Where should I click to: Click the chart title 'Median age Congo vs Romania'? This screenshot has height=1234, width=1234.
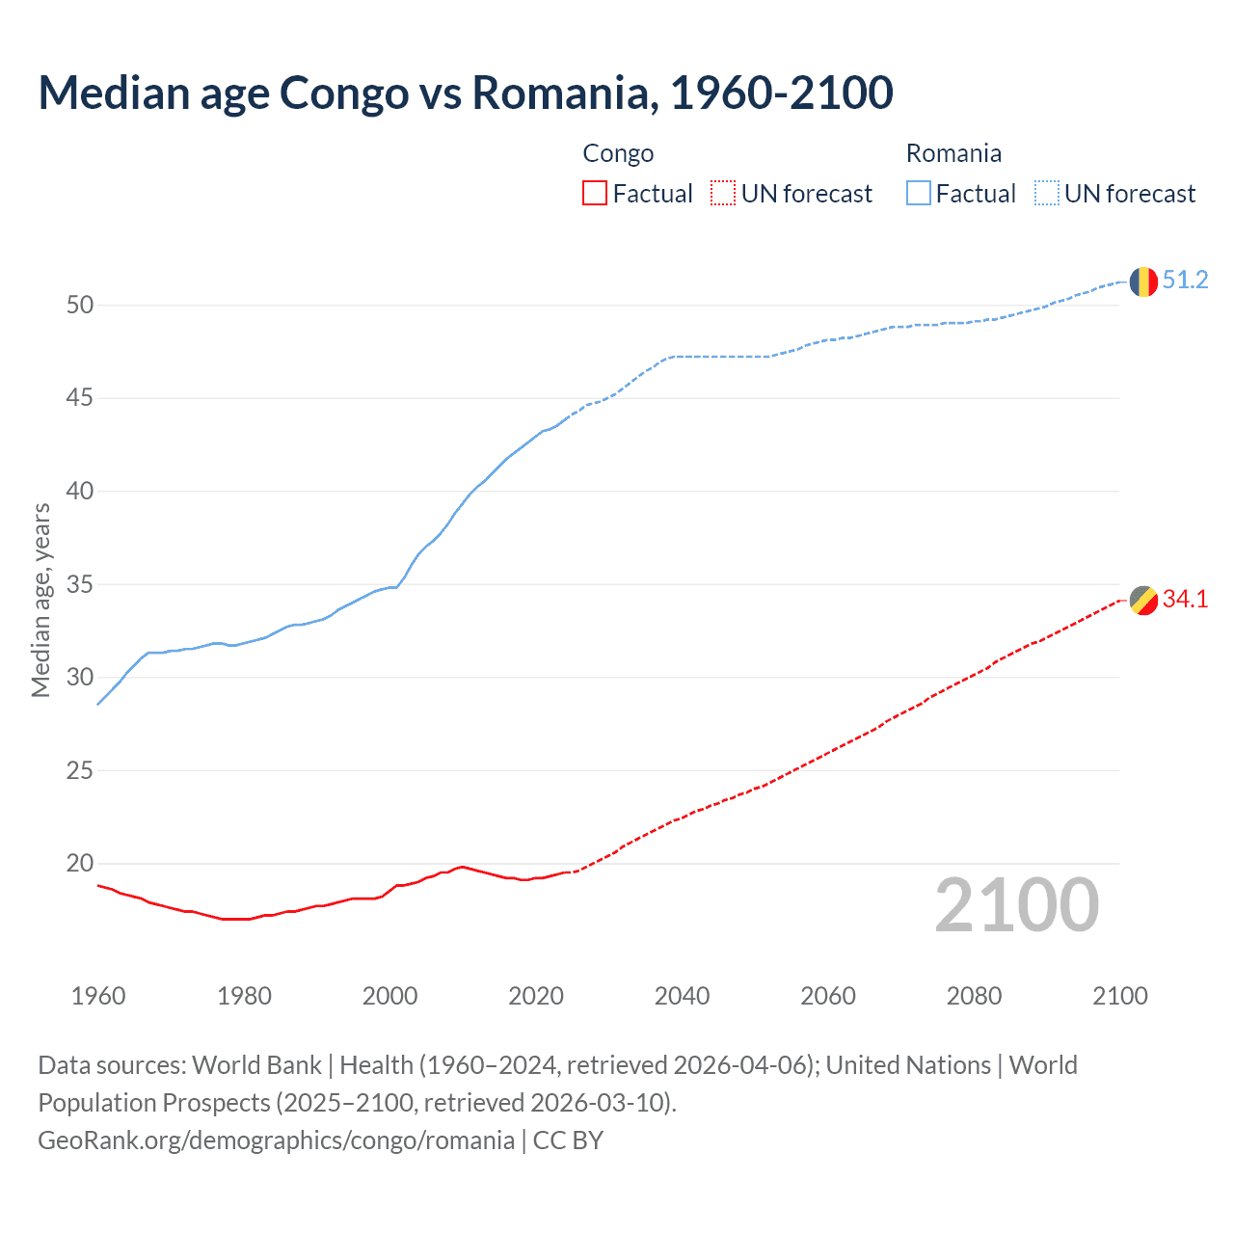(466, 93)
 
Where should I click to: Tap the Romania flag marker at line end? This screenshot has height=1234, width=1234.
(1143, 282)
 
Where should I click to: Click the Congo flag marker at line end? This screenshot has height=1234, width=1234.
(1143, 600)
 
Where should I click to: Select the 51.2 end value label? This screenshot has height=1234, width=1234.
(1185, 281)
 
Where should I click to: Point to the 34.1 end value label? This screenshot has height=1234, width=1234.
(1185, 600)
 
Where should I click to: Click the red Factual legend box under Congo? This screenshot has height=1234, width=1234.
(595, 194)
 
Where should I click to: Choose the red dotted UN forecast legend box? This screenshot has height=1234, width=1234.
(723, 194)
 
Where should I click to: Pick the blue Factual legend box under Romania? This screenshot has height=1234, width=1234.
(919, 194)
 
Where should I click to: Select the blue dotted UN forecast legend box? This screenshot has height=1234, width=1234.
(1047, 194)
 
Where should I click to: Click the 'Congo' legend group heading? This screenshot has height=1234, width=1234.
(618, 153)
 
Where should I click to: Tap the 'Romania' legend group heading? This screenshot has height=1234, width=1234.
(953, 153)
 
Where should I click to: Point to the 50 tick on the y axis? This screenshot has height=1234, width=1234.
(80, 306)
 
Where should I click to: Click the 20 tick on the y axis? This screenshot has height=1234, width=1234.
(80, 864)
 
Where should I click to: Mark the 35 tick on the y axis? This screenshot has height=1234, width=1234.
(80, 585)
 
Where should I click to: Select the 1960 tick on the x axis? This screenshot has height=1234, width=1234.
(98, 996)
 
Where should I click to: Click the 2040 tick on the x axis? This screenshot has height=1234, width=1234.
(682, 996)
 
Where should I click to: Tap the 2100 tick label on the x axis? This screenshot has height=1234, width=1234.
(1120, 996)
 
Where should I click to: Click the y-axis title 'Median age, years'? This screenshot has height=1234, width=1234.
(40, 600)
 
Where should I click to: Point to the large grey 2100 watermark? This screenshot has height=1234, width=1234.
(1017, 904)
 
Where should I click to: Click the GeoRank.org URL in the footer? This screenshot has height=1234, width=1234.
(276, 1140)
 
